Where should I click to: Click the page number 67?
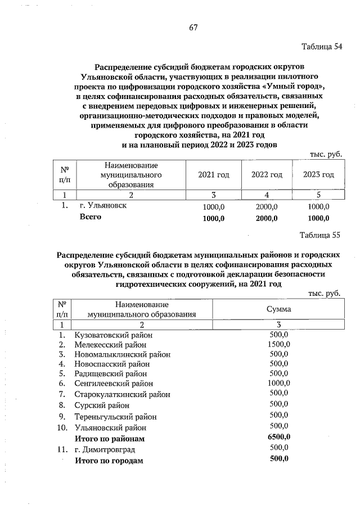[193, 28]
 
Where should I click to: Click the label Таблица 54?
[322, 46]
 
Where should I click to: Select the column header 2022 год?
[267, 175]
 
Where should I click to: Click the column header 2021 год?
[214, 175]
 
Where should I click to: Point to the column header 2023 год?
[318, 175]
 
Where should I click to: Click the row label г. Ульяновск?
[103, 206]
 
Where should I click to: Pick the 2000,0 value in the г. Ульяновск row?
[267, 207]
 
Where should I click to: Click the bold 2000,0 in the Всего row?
[267, 218]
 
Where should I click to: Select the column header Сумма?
[278, 310]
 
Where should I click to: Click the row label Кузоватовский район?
[114, 335]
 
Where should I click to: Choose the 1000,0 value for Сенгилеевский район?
[279, 383]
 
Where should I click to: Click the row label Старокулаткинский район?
[122, 394]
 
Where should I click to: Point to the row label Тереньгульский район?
[115, 417]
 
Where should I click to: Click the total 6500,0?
[279, 437]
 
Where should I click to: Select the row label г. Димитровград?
[105, 449]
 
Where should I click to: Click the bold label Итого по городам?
[109, 461]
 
